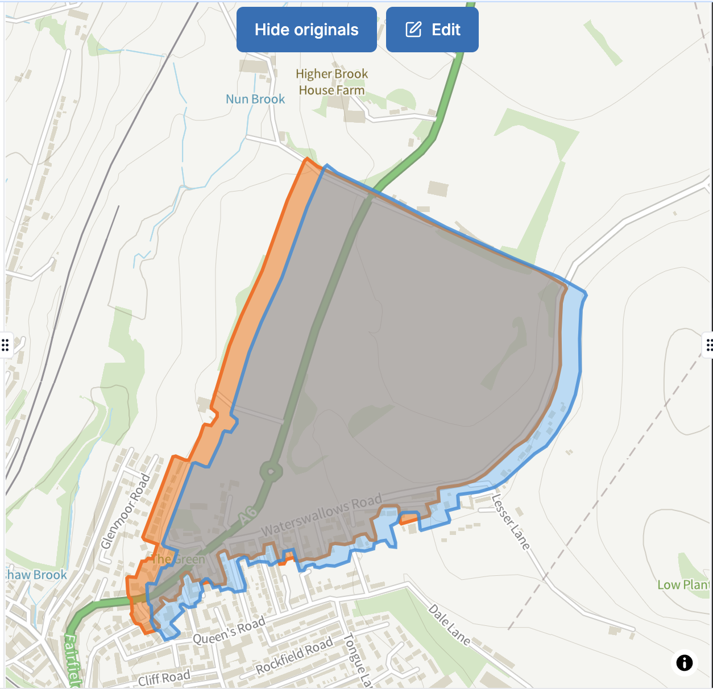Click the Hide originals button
pyautogui.click(x=306, y=30)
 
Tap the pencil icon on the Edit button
pyautogui.click(x=413, y=30)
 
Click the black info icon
pyautogui.click(x=684, y=662)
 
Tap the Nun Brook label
pyautogui.click(x=255, y=99)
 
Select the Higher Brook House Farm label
pyautogui.click(x=331, y=82)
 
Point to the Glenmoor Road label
pyautogui.click(x=125, y=511)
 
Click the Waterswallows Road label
pyautogui.click(x=321, y=516)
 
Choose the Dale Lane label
pyautogui.click(x=449, y=625)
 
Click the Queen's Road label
pyautogui.click(x=229, y=630)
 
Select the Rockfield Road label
pyautogui.click(x=294, y=655)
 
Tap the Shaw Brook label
pyautogui.click(x=36, y=575)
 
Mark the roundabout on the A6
pyautogui.click(x=271, y=471)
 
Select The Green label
pyautogui.click(x=178, y=559)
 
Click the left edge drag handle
pyautogui.click(x=5, y=344)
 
